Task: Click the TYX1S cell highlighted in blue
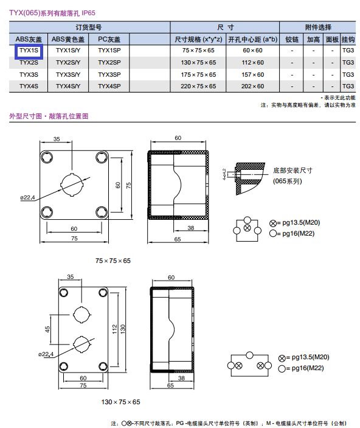click(29, 51)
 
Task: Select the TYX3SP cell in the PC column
click(109, 74)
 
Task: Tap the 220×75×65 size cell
click(198, 86)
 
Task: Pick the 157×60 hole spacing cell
click(252, 74)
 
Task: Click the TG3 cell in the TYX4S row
click(348, 86)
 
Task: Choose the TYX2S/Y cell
click(68, 63)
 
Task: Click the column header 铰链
click(292, 40)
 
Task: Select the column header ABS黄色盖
click(68, 40)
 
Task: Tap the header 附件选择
click(318, 27)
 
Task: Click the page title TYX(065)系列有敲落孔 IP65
click(52, 13)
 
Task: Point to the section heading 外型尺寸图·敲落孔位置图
click(49, 116)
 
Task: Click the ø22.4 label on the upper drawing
click(27, 197)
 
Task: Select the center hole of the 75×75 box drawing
click(72, 184)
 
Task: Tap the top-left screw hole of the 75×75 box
click(47, 157)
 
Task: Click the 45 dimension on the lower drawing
click(47, 329)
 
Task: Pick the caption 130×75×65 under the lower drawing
click(120, 402)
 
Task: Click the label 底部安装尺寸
click(292, 170)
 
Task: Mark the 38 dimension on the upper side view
click(191, 228)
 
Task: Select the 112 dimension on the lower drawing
click(114, 329)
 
